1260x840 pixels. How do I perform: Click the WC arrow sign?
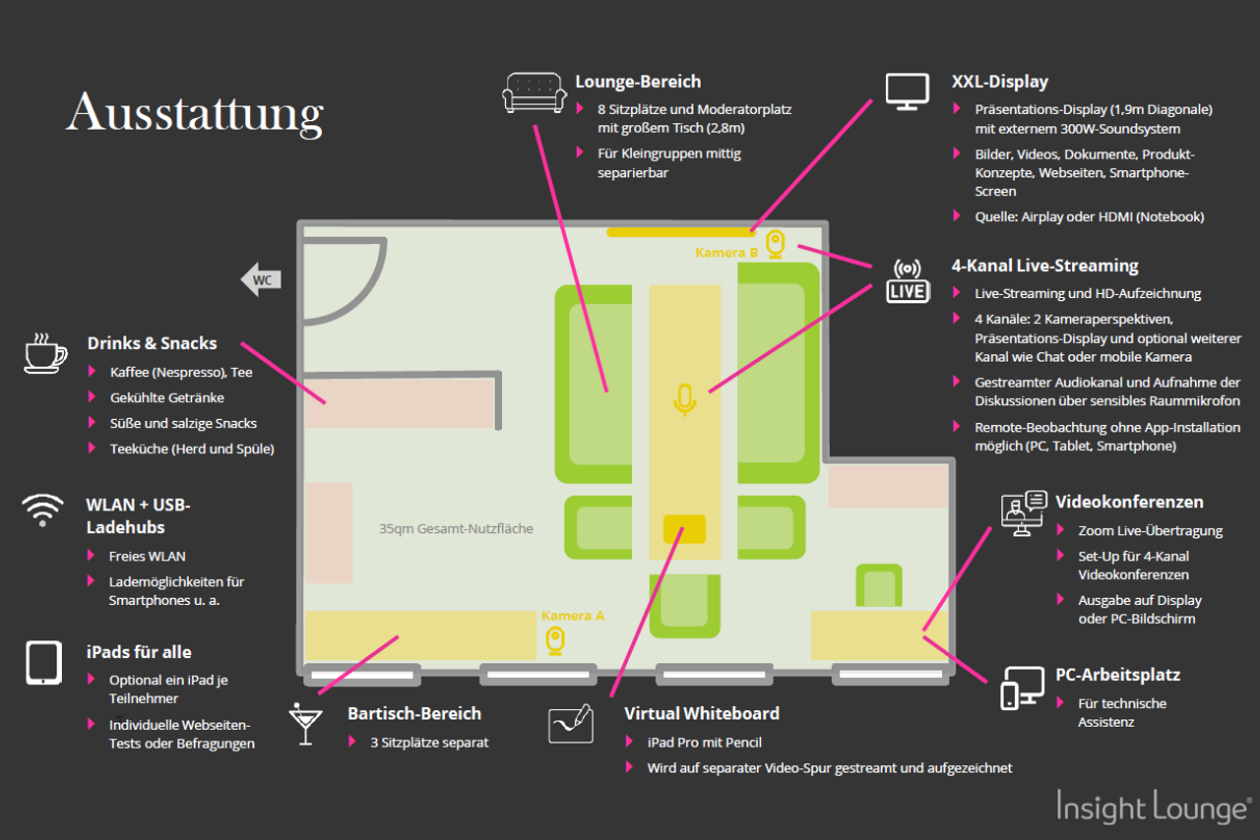tap(261, 279)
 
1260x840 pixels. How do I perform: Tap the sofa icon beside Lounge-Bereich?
tap(535, 91)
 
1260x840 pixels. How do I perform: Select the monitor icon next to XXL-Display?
tap(907, 90)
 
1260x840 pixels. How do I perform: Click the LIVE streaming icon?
tap(907, 280)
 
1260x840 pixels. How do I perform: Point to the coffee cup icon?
tap(45, 354)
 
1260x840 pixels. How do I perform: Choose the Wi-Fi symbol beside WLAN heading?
tap(42, 510)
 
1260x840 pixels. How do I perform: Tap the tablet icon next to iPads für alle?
tap(43, 662)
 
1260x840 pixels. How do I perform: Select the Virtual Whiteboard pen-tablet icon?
tap(571, 724)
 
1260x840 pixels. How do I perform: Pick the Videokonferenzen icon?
tap(1023, 513)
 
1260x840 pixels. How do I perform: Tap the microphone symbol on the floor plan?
tap(685, 399)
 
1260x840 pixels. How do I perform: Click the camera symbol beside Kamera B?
tap(776, 243)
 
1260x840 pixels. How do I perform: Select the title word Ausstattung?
tap(195, 114)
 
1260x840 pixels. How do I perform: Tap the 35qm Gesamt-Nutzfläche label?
tap(456, 529)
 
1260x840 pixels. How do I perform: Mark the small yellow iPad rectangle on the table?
tap(684, 529)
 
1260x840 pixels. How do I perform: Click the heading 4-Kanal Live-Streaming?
tap(1044, 266)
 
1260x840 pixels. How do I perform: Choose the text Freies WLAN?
tap(147, 557)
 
